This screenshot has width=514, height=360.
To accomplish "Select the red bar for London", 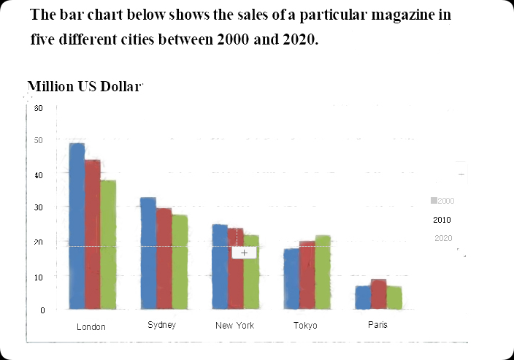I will (x=92, y=234).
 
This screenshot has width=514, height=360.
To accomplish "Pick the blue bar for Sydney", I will (x=148, y=253).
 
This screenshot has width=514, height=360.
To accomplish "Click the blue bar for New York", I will (x=219, y=266).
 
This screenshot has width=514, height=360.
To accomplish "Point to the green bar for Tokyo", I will (x=323, y=272).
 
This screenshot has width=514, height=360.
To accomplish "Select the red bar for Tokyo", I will (x=307, y=275).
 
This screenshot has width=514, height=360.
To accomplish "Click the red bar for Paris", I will (x=378, y=294).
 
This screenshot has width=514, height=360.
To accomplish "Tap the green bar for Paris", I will (x=394, y=296).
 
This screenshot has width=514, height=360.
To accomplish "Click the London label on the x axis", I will (x=91, y=327).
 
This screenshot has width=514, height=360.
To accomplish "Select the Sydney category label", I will (x=161, y=325).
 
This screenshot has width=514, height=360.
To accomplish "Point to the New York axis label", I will (x=234, y=326).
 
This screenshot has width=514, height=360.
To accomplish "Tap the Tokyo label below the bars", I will (x=305, y=326).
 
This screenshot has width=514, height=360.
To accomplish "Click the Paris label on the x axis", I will (x=377, y=325).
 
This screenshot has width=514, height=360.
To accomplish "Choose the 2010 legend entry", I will (x=442, y=220).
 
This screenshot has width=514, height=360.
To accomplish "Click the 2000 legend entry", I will (x=442, y=201).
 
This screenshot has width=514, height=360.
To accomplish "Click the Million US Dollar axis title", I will (x=84, y=87).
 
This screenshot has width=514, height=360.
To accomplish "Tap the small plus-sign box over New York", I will (x=244, y=252).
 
